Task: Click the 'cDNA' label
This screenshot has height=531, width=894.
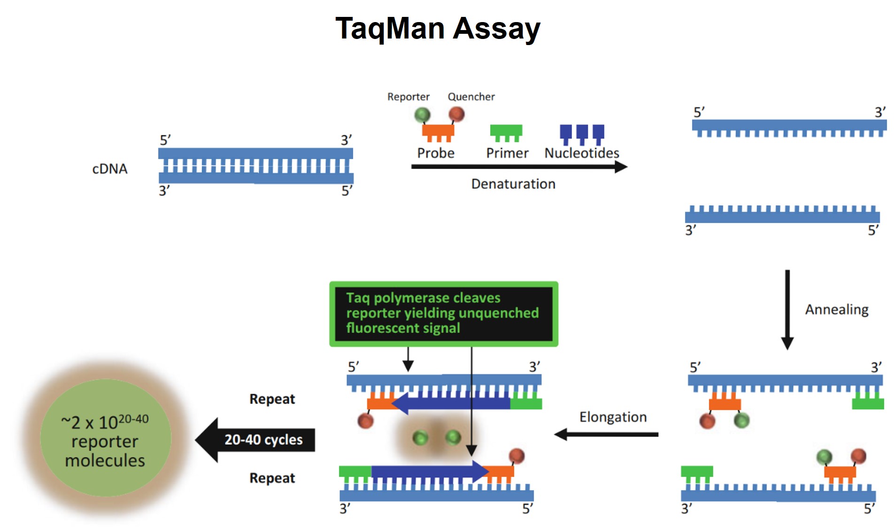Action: (109, 169)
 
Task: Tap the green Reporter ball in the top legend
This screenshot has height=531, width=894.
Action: (422, 114)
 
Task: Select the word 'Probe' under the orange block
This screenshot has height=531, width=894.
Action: (436, 153)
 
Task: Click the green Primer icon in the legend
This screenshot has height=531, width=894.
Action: (506, 131)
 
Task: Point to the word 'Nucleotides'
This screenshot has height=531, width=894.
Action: (581, 153)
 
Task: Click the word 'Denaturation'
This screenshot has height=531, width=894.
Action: (513, 184)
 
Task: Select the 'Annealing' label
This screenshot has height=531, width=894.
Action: (836, 309)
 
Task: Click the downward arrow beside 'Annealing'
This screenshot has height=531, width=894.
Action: (787, 310)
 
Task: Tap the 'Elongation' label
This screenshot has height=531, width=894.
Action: (613, 417)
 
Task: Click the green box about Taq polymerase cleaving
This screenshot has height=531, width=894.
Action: (443, 314)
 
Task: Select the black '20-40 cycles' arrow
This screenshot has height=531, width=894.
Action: (256, 440)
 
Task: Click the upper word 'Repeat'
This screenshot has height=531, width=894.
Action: (272, 399)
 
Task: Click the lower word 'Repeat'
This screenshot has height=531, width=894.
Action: (272, 478)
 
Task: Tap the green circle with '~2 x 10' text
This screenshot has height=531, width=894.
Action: (105, 439)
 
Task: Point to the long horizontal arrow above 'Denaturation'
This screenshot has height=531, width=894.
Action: (519, 167)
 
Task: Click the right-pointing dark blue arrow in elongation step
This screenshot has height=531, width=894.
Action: (427, 471)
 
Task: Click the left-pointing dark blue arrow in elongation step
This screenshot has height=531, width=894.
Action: (451, 403)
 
